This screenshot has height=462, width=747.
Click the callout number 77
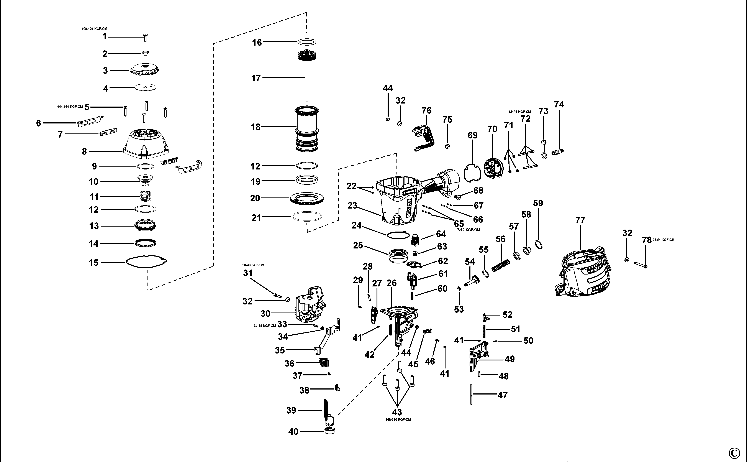(x=580, y=220)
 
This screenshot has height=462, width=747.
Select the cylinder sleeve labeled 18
(x=307, y=128)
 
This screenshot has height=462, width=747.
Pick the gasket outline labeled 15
(x=147, y=262)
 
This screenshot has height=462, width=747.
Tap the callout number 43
(x=397, y=412)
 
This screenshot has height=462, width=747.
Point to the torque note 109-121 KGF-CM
(x=94, y=29)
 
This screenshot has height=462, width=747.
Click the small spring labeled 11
(x=145, y=196)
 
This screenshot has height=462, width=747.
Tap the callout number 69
(x=472, y=135)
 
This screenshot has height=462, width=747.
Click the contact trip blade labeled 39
(x=326, y=409)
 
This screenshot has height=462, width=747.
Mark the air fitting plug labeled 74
(x=558, y=152)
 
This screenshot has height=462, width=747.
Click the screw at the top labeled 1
(x=145, y=38)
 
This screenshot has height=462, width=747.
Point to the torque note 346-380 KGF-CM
(x=398, y=419)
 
